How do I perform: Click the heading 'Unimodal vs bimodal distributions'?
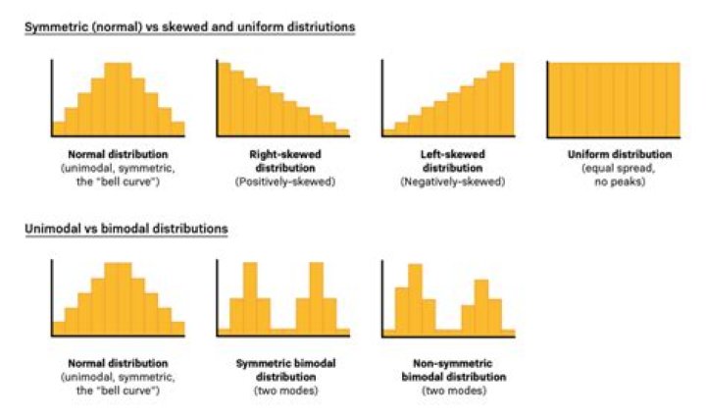coord(126,229)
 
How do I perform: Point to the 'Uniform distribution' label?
coord(612,155)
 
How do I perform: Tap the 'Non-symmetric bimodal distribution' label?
coord(448,370)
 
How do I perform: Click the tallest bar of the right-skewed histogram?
coord(225,98)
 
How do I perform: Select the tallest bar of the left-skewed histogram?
coord(506,98)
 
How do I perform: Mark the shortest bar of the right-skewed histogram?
coord(342,130)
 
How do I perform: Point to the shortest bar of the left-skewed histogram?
coord(389,130)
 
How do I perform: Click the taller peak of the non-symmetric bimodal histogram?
coord(415,299)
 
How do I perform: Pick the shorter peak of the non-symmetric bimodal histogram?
coord(480,306)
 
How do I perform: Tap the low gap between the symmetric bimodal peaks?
coord(283,331)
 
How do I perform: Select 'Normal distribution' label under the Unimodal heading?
coord(118,364)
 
